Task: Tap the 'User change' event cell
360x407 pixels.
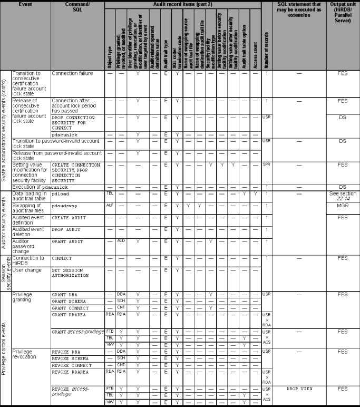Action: click(x=26, y=270)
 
